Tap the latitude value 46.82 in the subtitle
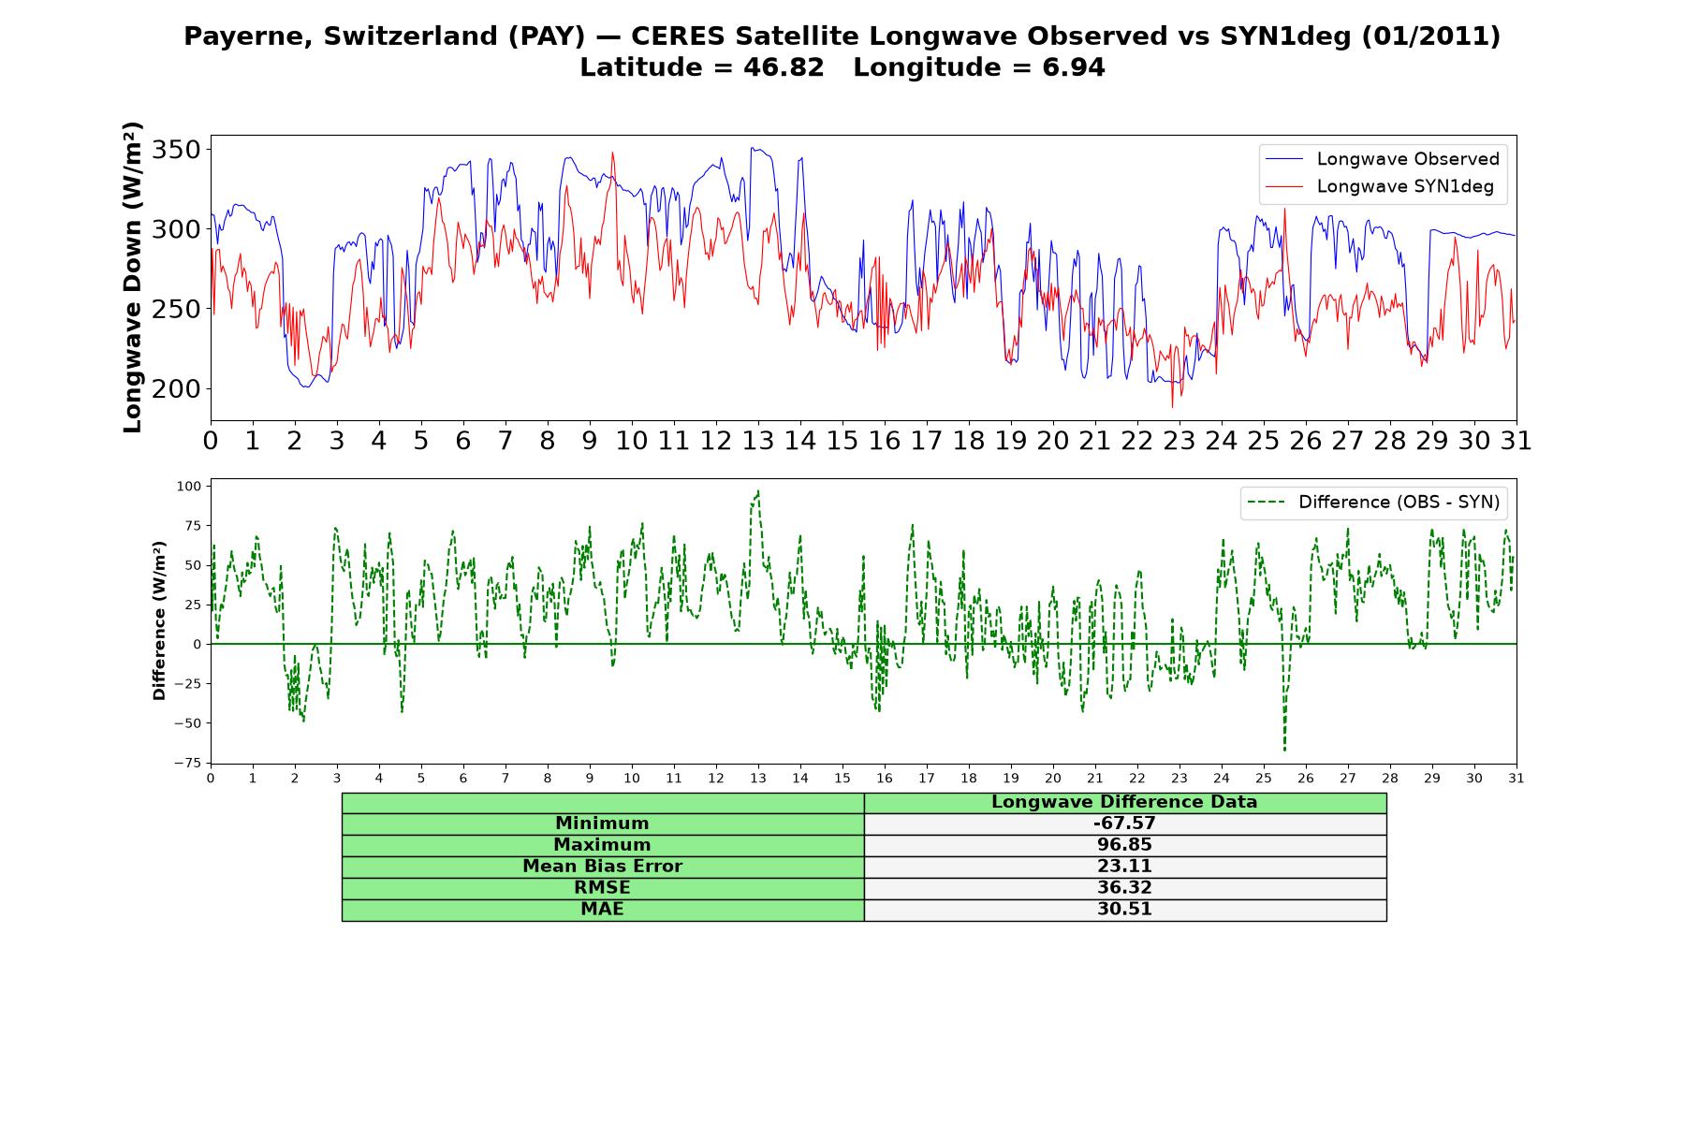(785, 67)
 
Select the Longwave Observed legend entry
(1382, 159)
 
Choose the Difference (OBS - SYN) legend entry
(1373, 503)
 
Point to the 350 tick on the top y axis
(176, 150)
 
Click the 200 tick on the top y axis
(176, 388)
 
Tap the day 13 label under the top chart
(757, 441)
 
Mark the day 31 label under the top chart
(1516, 441)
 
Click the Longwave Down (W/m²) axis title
(132, 277)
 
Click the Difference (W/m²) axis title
(159, 620)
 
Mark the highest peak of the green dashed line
(757, 490)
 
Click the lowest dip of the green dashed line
(1284, 751)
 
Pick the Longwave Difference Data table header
(1124, 802)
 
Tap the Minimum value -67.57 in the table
(1124, 824)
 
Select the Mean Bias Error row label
(602, 867)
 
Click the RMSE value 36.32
(1124, 888)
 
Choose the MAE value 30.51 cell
(1124, 910)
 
